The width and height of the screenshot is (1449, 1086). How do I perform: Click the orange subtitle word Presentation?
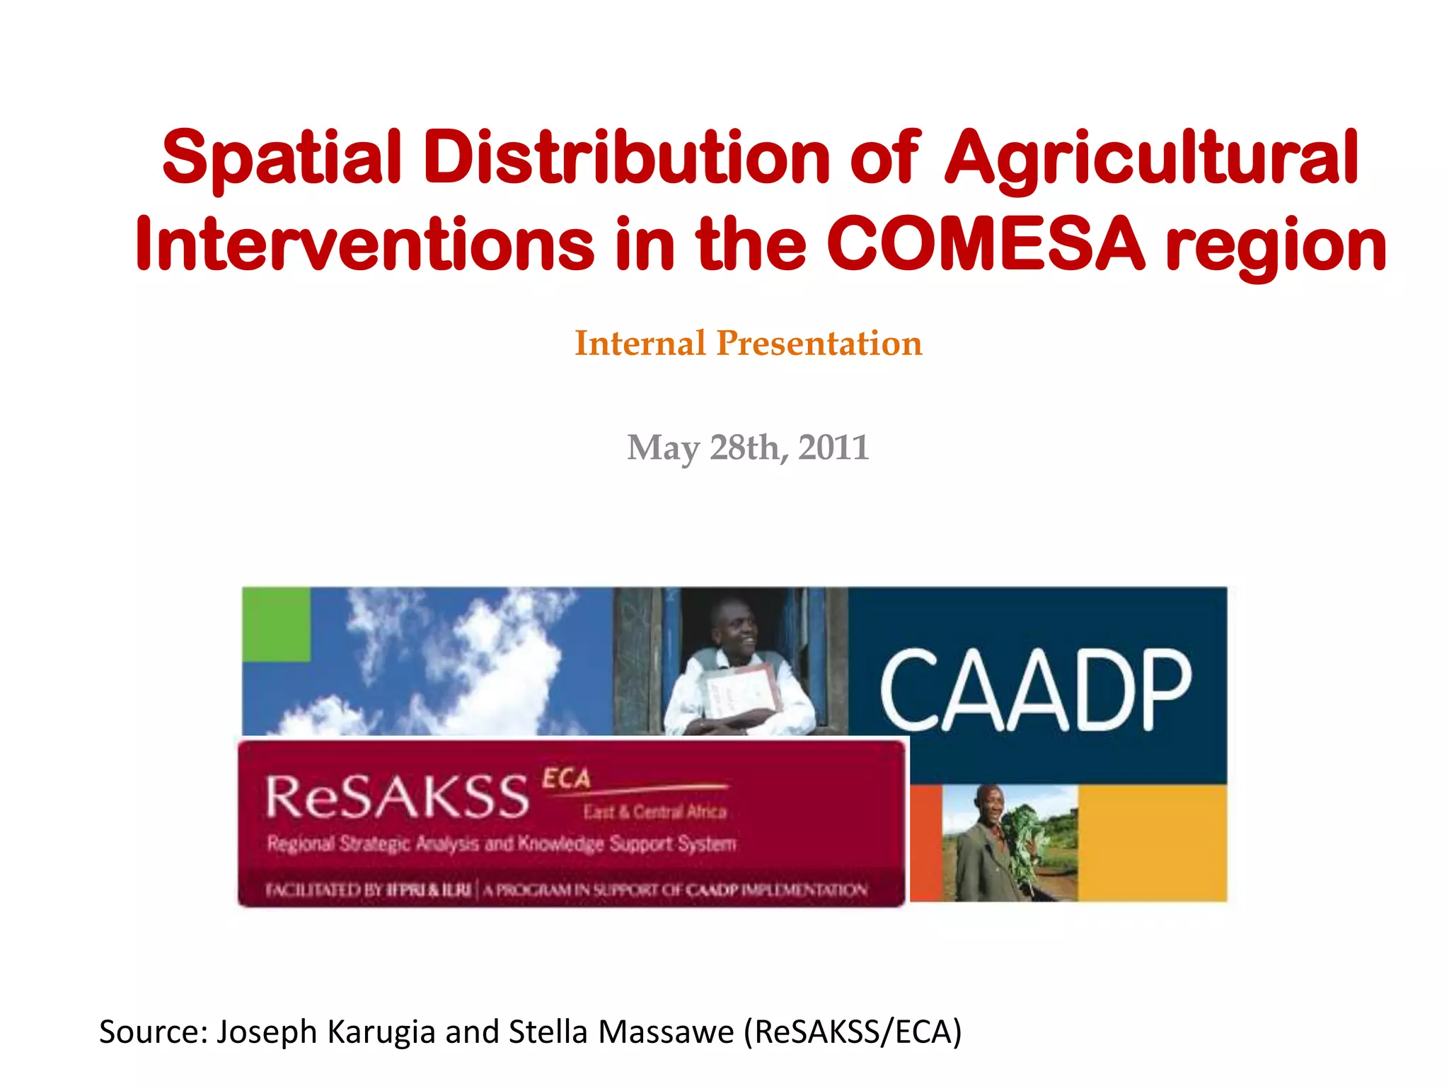819,344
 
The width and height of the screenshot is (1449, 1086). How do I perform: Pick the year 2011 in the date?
833,448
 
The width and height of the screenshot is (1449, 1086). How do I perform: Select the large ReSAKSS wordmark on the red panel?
397,796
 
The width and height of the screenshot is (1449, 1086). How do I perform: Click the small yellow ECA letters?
566,778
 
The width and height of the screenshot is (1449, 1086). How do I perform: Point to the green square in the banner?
276,624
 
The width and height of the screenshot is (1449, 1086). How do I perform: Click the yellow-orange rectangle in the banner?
1152,842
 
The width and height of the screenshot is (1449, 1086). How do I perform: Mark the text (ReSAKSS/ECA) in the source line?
853,1032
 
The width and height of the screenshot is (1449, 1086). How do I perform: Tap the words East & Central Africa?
654,812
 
